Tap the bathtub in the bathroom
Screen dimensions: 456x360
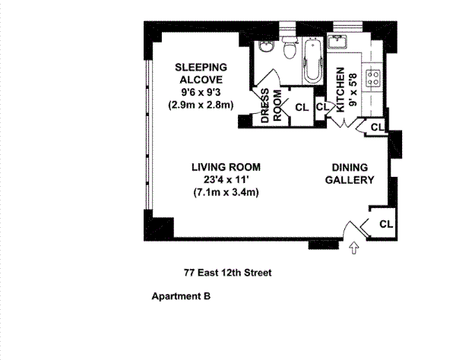click(x=312, y=61)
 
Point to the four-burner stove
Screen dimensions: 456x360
click(x=372, y=78)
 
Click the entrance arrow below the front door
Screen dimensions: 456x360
click(x=354, y=248)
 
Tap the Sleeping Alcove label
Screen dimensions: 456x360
click(x=201, y=73)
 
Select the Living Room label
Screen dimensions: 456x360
click(x=226, y=167)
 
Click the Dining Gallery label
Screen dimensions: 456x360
click(x=350, y=174)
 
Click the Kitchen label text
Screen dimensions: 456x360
click(x=340, y=90)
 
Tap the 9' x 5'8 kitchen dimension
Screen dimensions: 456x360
click(x=353, y=90)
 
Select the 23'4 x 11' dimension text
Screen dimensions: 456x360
click(x=226, y=180)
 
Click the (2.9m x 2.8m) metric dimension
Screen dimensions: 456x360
click(x=201, y=105)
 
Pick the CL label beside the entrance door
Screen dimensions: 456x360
click(x=386, y=224)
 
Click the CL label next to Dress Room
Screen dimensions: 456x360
click(x=302, y=108)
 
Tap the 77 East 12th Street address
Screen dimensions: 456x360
click(x=228, y=273)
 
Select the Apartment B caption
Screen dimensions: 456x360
click(x=181, y=296)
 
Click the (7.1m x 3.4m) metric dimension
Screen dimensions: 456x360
click(x=226, y=192)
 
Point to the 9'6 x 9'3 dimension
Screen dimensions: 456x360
click(x=201, y=93)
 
